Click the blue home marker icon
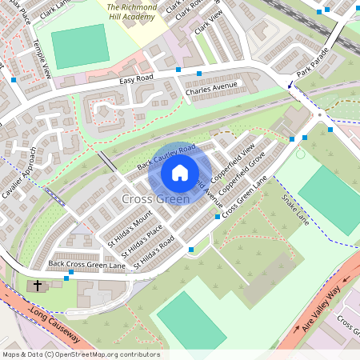click(180, 173)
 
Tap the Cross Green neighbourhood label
click(155, 198)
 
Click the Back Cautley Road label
click(166, 157)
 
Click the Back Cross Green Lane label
click(87, 264)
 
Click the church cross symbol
click(38, 286)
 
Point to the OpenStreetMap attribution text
click(80, 354)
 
